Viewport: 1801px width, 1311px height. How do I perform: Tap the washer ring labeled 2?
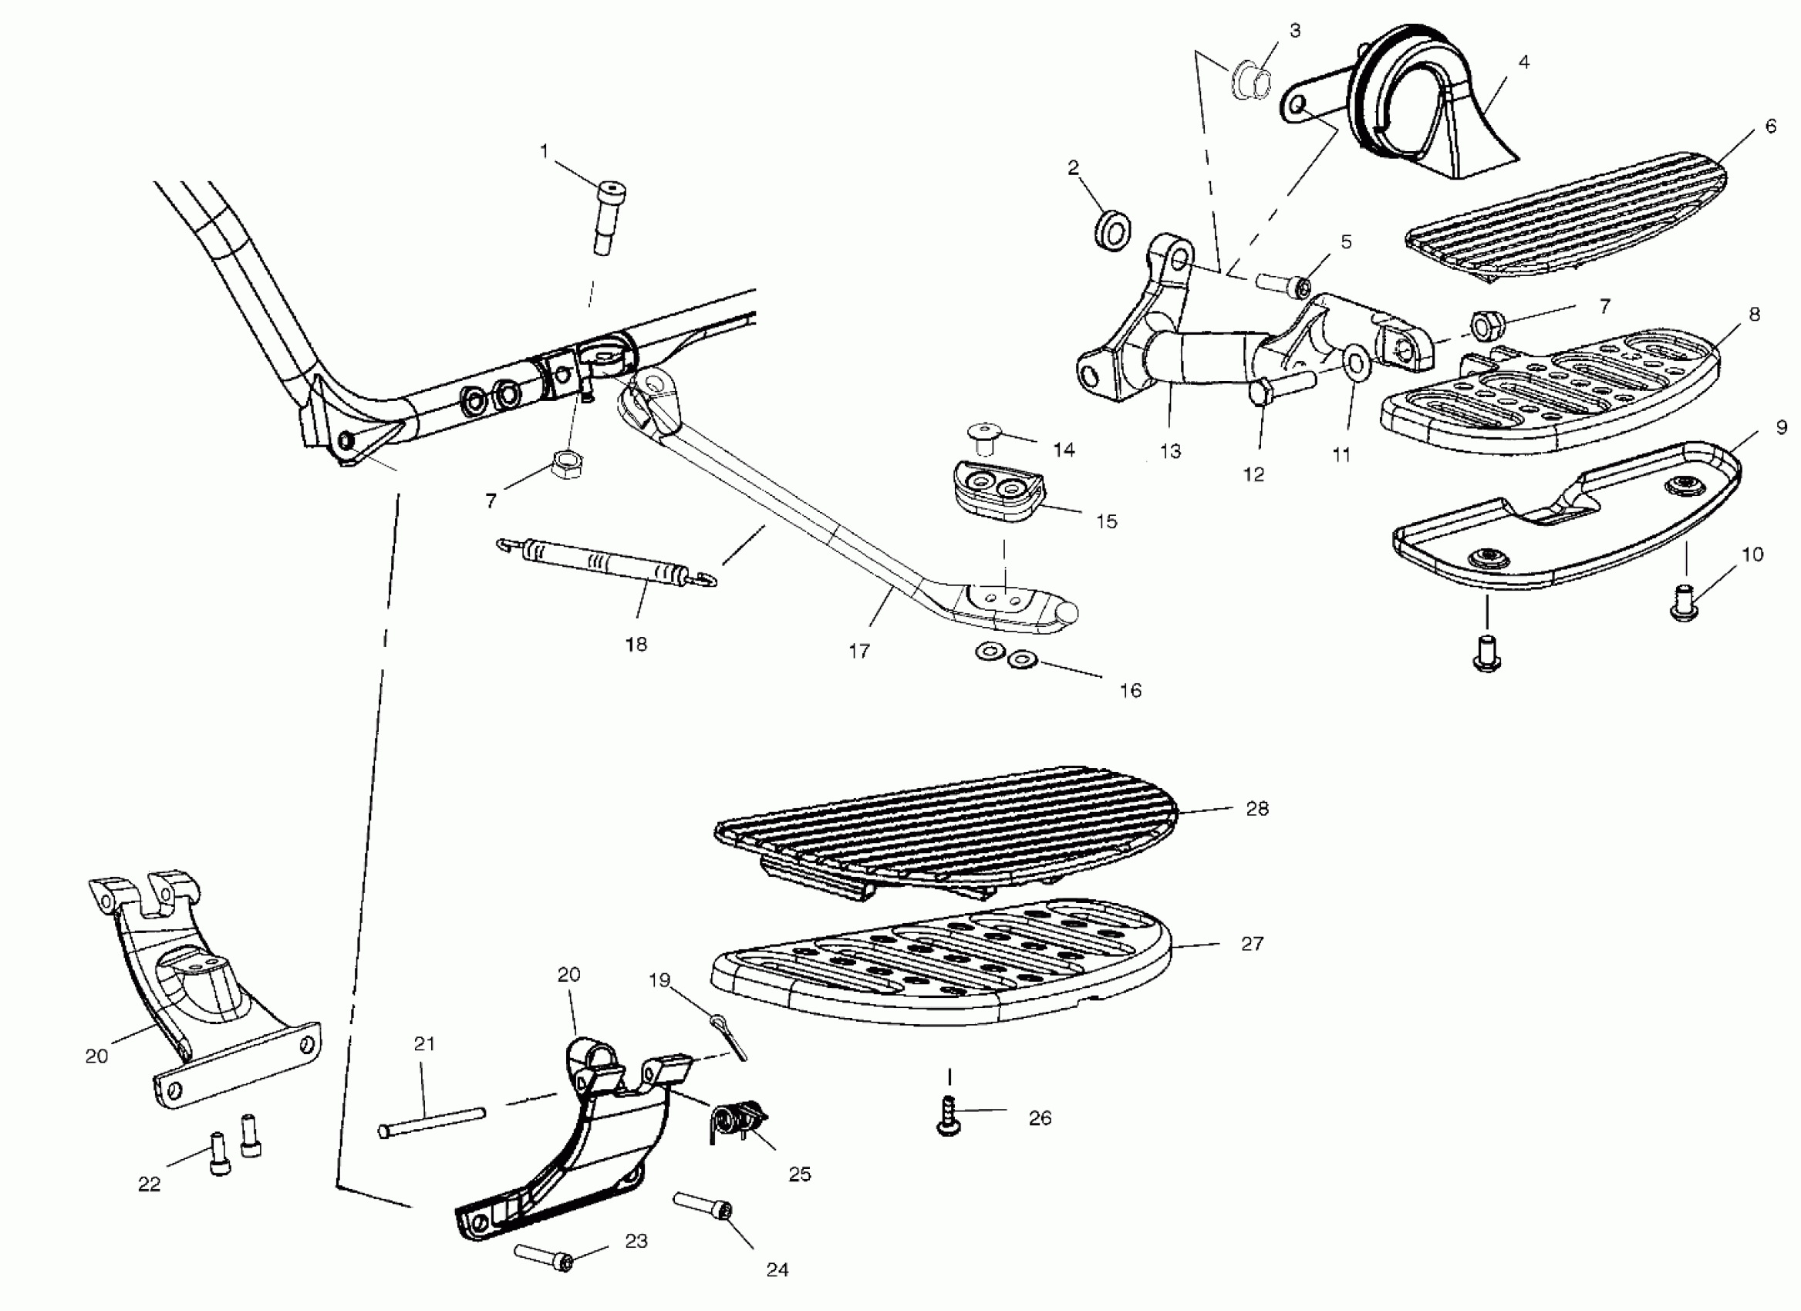pos(1113,230)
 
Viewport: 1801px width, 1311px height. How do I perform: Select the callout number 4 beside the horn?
pos(1523,62)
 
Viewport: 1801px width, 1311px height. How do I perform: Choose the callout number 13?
pos(1171,452)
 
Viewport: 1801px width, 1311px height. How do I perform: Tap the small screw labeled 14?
pos(985,436)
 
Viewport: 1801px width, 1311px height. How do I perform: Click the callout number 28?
pos(1257,808)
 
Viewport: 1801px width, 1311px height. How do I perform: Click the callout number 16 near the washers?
pos(1130,690)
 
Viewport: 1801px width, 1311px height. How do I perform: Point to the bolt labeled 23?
pos(543,1258)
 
